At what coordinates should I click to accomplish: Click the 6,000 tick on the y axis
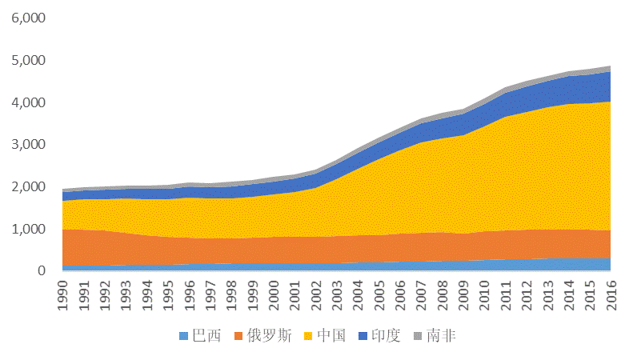28,18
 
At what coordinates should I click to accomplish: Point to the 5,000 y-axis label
28,61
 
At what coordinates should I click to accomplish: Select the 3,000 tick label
28,145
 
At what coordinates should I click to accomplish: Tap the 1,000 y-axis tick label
28,229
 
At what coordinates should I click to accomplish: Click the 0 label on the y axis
42,271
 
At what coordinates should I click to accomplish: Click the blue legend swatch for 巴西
184,336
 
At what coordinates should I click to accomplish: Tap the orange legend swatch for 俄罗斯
238,336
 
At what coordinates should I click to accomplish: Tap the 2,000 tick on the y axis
28,187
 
